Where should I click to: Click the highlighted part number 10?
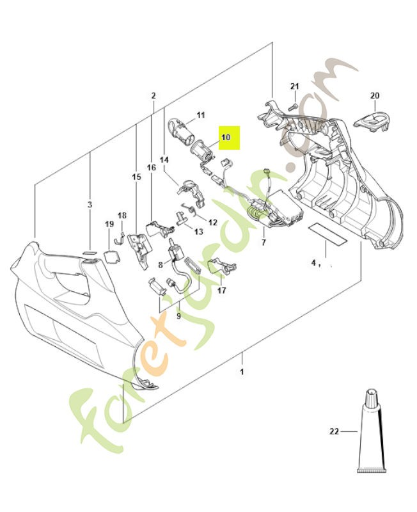click(226, 137)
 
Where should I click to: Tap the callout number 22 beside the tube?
click(334, 431)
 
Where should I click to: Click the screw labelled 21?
click(292, 106)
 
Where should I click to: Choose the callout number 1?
click(242, 372)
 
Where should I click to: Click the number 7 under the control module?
click(264, 243)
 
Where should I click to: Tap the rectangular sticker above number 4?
click(328, 234)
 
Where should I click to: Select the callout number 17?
click(221, 291)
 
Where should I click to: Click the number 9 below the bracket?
click(178, 316)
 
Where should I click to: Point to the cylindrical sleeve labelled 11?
click(180, 132)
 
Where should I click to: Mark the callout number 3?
click(90, 205)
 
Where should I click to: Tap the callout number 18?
click(122, 216)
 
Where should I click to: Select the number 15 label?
click(136, 177)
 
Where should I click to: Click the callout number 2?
click(153, 95)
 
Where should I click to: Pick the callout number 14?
click(164, 160)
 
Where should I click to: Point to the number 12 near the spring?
click(213, 223)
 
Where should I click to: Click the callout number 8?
click(161, 264)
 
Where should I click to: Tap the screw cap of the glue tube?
click(372, 397)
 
